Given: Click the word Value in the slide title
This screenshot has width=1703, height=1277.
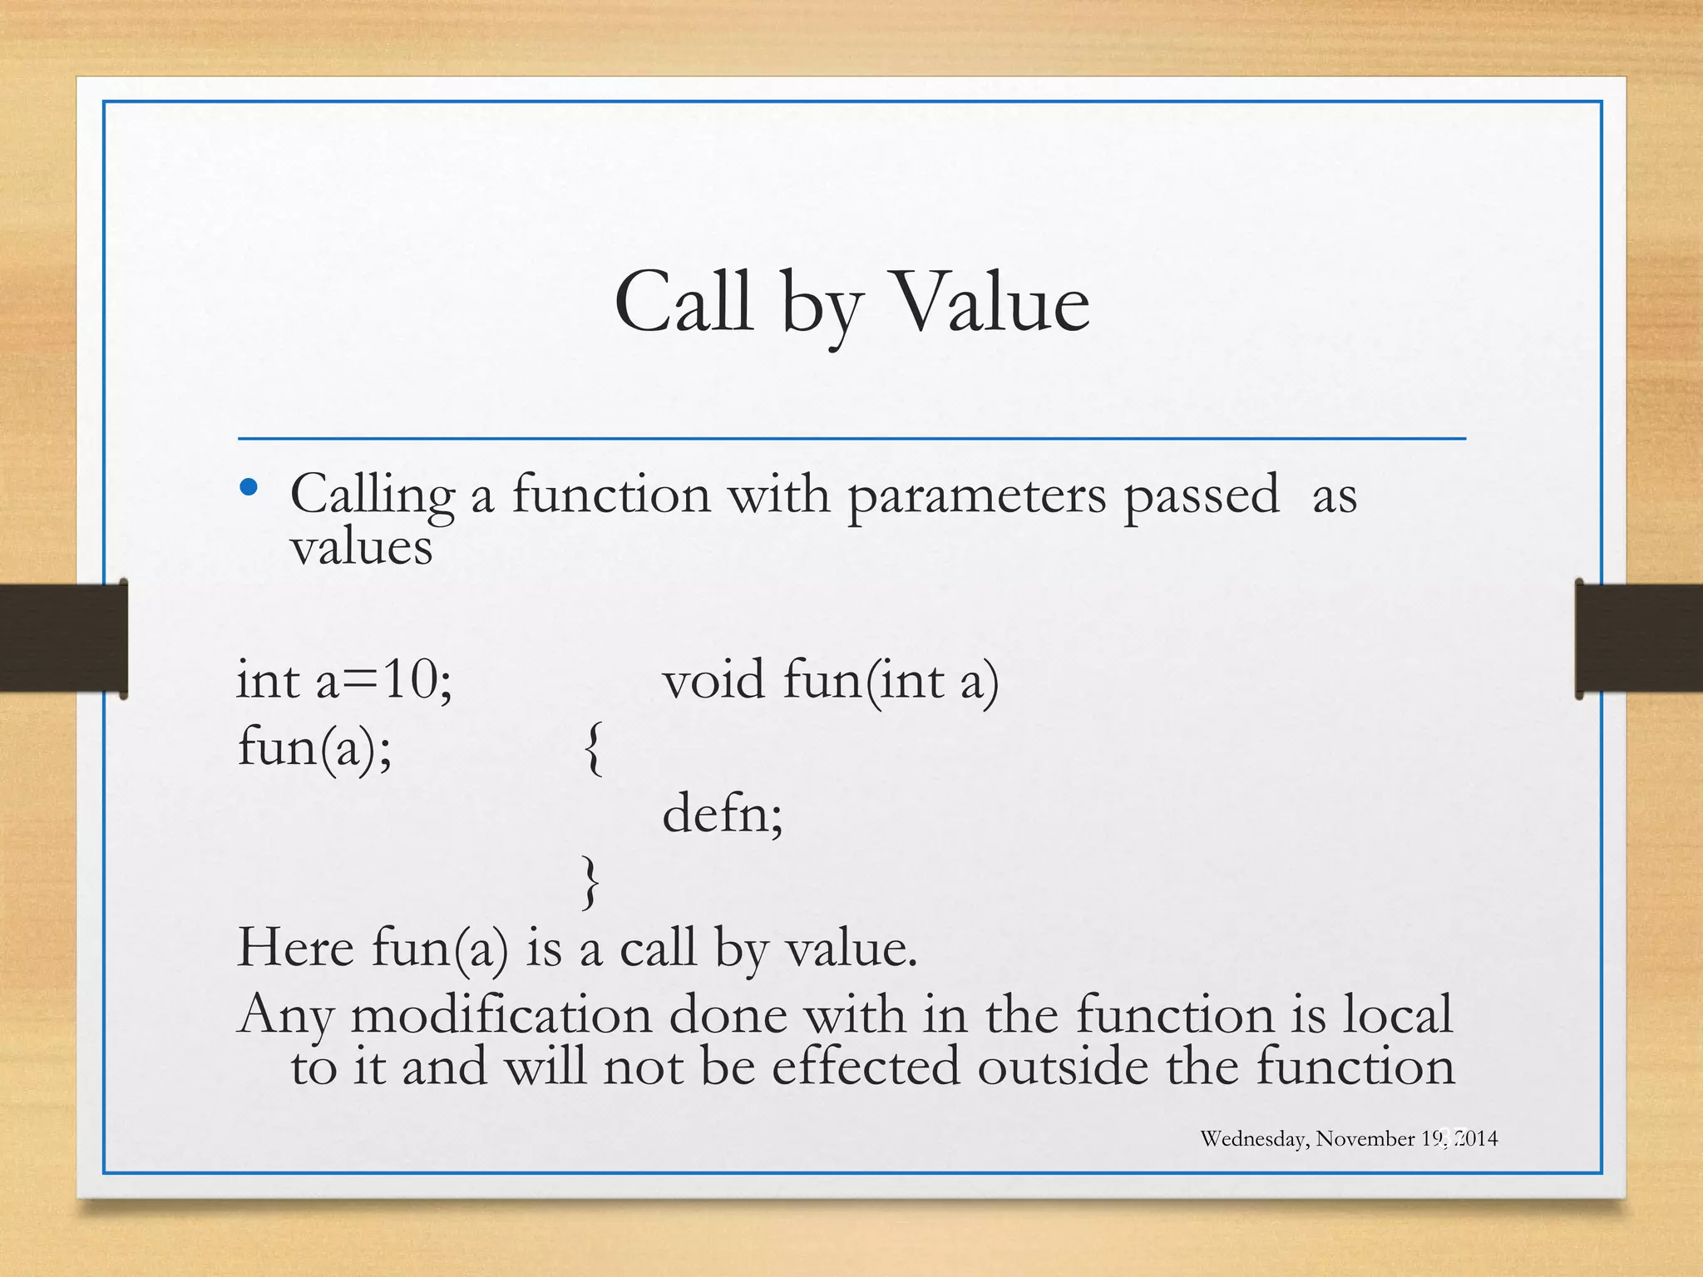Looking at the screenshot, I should coord(990,303).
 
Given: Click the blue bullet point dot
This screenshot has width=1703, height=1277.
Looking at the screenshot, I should coord(248,488).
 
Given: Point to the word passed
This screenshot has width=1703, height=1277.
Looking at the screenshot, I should coord(1202,497).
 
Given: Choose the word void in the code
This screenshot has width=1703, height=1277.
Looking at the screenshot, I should coord(713,680).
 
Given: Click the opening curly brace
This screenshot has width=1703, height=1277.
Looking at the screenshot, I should coord(593,748).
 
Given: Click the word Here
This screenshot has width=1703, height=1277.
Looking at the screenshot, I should coord(295,948).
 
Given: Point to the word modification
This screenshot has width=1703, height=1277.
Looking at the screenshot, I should coord(501,1015).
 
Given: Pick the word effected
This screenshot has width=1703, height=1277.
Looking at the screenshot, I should coord(865,1067).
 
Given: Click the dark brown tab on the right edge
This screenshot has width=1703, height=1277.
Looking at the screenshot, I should coord(1638,638).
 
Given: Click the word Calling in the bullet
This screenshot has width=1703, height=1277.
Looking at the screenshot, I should coord(372,497).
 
